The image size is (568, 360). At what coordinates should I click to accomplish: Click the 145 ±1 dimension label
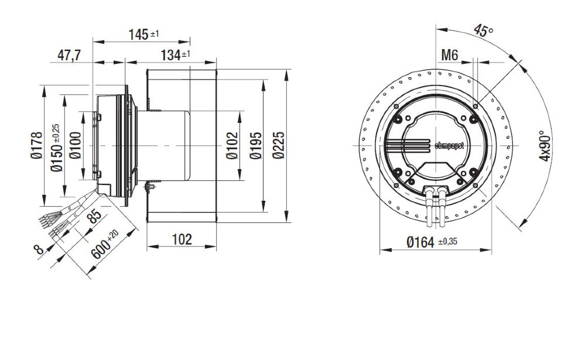coord(144,35)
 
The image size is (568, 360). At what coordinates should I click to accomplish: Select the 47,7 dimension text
coord(69,56)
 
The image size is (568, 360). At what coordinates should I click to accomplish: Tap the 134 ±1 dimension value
coord(176,55)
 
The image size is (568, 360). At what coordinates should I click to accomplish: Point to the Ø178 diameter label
coord(36,146)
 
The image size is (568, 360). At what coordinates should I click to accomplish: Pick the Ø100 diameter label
coord(75,146)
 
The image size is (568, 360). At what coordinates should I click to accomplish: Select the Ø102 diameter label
coord(232,146)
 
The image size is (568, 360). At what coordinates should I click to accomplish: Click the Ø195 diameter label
coord(256,146)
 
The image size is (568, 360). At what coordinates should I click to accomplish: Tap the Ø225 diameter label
coord(279,146)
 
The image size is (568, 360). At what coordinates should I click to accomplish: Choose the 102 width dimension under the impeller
coord(182,239)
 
